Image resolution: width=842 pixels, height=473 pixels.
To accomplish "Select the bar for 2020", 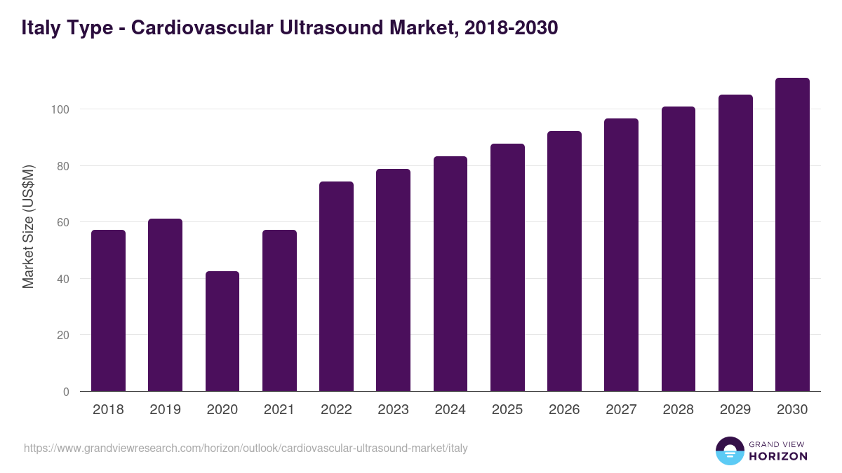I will (222, 331).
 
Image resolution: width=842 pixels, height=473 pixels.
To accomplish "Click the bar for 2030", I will (792, 235).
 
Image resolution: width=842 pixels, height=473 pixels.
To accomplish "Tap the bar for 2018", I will (108, 310).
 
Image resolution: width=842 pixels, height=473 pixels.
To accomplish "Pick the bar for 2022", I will (336, 287).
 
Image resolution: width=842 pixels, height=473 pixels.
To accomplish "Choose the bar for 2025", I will (507, 268).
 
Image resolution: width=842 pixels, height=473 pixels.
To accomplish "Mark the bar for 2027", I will (621, 255).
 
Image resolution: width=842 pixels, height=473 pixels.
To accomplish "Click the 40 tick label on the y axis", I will (62, 279).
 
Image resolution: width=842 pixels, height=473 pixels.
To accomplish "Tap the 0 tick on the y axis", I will (66, 392).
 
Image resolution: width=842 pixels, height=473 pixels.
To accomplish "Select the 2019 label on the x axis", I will (165, 410).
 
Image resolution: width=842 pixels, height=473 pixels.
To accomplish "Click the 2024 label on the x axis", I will (450, 410).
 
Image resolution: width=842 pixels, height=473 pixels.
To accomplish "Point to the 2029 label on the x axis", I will (735, 410).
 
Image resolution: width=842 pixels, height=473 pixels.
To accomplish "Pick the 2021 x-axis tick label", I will (279, 410).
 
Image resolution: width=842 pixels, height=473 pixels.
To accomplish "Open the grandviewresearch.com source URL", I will (246, 448).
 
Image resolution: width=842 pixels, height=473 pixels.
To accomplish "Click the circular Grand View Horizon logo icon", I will (729, 451).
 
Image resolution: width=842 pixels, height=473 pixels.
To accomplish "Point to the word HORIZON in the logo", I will (777, 456).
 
